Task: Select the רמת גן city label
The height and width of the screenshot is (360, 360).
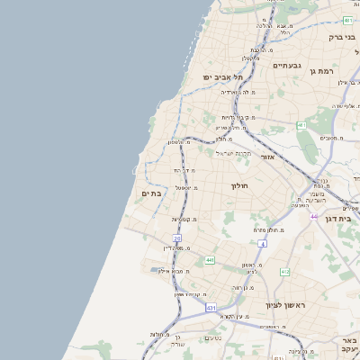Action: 319,70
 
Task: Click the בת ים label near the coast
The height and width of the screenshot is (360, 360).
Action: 150,193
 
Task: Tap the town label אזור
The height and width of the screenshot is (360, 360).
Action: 267,157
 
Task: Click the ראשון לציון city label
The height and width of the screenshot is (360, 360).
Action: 285,306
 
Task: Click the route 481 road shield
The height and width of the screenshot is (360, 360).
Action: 348,20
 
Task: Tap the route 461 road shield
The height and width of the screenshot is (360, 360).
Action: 301,125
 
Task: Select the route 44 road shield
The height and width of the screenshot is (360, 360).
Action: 314,216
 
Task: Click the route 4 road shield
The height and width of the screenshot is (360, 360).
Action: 263,243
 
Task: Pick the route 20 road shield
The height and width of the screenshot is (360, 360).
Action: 177,238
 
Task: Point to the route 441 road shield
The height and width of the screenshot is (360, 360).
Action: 210,260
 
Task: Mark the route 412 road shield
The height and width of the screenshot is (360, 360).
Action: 285,272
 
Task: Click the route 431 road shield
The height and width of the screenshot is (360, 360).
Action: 211,308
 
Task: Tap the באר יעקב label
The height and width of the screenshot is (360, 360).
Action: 349,345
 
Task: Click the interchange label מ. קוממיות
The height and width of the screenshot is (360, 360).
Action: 185,219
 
